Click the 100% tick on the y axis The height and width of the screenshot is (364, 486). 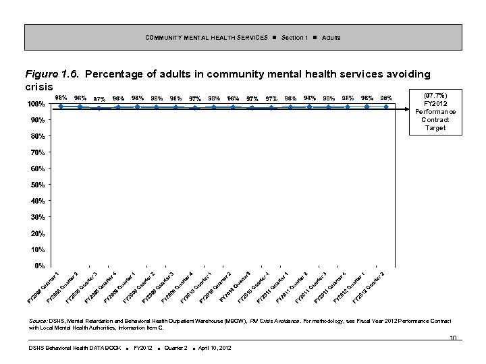click(36, 104)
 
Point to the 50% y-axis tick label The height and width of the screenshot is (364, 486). click(37, 185)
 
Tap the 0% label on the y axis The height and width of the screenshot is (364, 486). click(39, 266)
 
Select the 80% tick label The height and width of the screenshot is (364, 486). click(37, 136)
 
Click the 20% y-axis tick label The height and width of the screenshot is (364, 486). click(37, 233)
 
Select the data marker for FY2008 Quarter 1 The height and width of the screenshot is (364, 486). click(61, 106)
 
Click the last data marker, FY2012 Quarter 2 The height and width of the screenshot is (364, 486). click(386, 107)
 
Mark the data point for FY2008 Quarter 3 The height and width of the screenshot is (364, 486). click(99, 108)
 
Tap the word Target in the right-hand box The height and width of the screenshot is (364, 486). click(435, 128)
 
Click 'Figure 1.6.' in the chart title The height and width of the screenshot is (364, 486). click(52, 73)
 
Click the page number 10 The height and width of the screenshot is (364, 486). click(454, 338)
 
